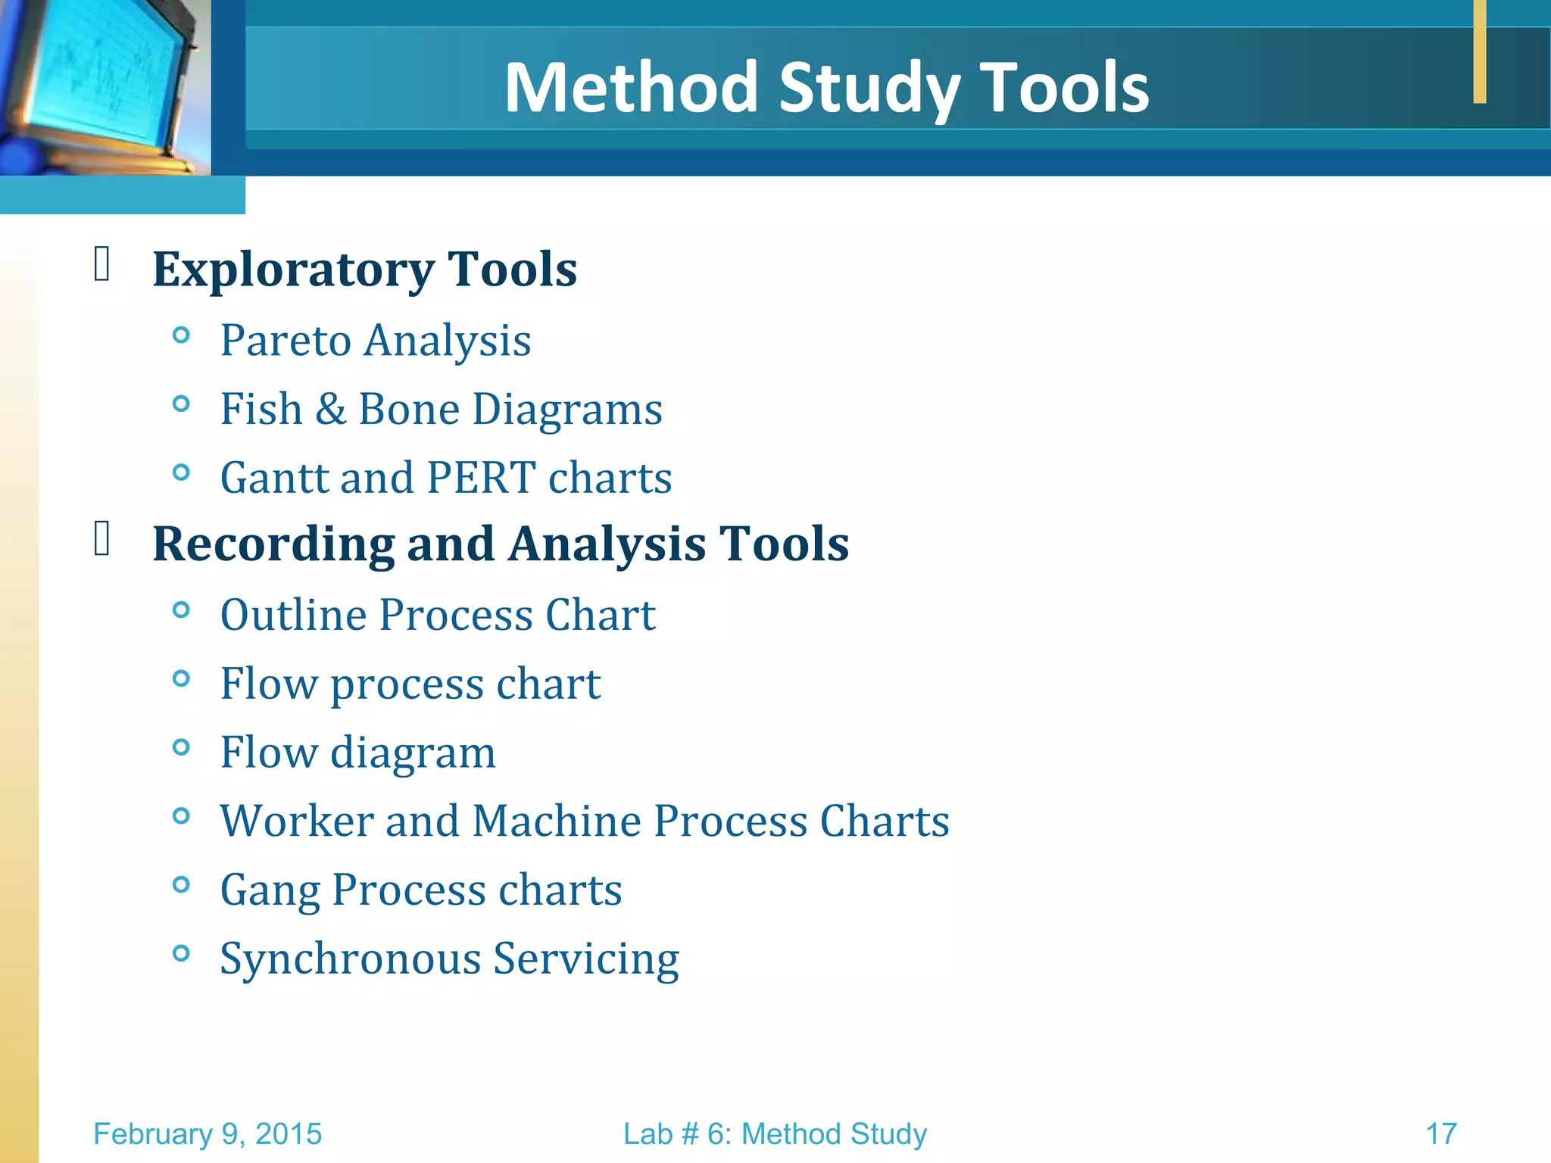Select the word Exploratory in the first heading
pos(293,270)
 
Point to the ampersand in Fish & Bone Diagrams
pos(330,409)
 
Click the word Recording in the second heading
pos(273,544)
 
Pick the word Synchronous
pos(351,959)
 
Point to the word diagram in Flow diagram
pos(413,753)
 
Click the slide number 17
pos(1441,1134)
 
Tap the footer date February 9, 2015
pos(208,1134)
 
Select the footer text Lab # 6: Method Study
pos(775,1134)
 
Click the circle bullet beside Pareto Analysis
pos(181,335)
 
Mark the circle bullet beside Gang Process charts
pos(181,884)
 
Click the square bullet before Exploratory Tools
pos(102,264)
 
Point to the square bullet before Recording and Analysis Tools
pos(102,539)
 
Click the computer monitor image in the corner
pos(102,83)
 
